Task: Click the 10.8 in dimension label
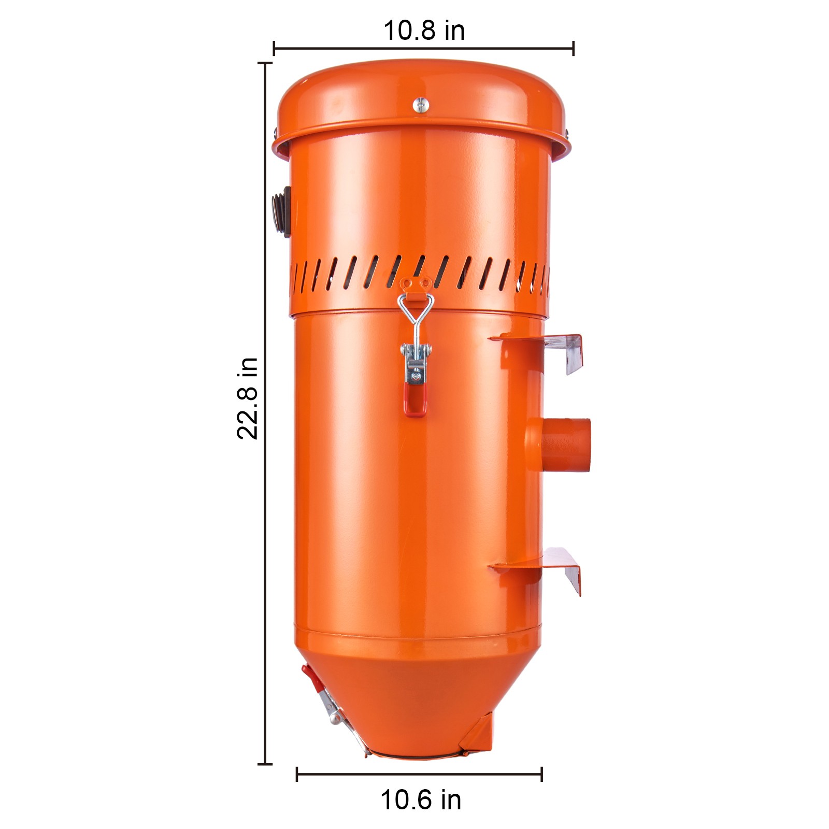coord(424,31)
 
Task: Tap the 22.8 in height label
coord(247,398)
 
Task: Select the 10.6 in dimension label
coord(421,799)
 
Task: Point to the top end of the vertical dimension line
coord(265,63)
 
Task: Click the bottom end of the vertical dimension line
coord(265,763)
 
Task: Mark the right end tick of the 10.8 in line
coord(573,48)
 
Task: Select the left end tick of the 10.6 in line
coord(297,774)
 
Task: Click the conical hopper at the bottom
coord(414,694)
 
